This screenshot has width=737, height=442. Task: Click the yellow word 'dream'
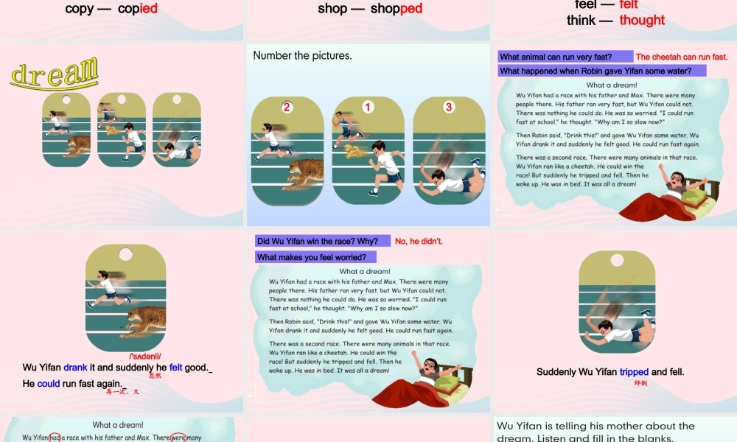click(x=55, y=74)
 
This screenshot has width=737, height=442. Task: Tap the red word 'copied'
click(x=138, y=9)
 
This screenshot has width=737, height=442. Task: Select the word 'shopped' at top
click(x=397, y=9)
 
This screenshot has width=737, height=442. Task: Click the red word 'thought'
click(x=642, y=20)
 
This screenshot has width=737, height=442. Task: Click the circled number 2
click(x=287, y=108)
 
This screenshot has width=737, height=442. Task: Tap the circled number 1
click(x=368, y=108)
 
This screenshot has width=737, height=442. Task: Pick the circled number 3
click(x=449, y=108)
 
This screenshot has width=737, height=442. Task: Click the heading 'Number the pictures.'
click(x=302, y=55)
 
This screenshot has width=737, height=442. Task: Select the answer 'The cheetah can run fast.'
click(x=682, y=57)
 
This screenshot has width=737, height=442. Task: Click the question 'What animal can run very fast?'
click(x=565, y=57)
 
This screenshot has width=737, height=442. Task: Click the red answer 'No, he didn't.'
click(x=419, y=241)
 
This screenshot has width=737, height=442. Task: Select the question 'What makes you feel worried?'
click(x=315, y=257)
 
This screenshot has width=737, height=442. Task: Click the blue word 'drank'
click(x=75, y=368)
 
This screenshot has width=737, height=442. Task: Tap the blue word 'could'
click(x=48, y=383)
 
